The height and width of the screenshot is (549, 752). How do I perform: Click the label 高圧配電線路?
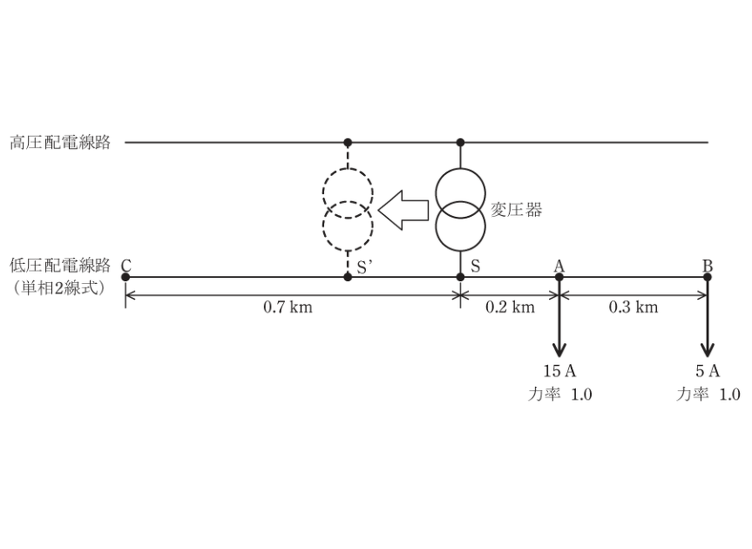coord(60,143)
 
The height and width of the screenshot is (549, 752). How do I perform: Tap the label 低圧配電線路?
coord(60,265)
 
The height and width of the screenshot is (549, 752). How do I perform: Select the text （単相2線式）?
coord(59,288)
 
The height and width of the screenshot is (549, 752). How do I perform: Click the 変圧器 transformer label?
coord(516,210)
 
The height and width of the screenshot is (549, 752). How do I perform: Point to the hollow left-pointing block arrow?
coord(403,210)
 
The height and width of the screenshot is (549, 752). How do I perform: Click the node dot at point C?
coord(125,277)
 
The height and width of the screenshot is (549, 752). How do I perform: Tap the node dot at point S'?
coord(348,277)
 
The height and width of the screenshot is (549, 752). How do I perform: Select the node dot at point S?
coord(460,277)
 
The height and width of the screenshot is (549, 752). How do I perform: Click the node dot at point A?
coord(559,277)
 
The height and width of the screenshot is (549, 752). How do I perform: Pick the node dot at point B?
coord(707,277)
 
